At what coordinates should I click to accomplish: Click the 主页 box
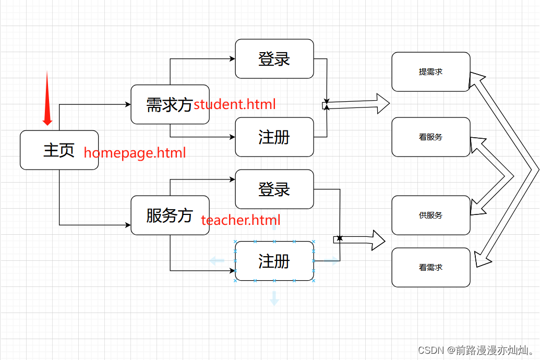(59, 150)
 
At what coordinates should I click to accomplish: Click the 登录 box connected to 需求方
(274, 59)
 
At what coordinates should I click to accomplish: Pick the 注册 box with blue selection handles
(274, 261)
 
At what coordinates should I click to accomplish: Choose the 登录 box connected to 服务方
(274, 189)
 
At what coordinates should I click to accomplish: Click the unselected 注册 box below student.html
(274, 137)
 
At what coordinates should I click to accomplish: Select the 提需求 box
(431, 72)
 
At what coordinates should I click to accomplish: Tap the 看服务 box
(431, 137)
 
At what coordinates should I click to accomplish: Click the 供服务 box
(431, 215)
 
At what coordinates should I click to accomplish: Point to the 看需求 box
(431, 267)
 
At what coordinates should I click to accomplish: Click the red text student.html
(235, 104)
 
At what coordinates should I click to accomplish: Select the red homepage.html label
(135, 153)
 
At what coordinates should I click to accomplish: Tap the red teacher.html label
(241, 220)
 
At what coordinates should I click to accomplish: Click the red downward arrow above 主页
(47, 99)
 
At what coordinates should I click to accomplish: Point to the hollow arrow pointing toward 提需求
(360, 104)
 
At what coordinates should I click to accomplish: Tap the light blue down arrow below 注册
(274, 298)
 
